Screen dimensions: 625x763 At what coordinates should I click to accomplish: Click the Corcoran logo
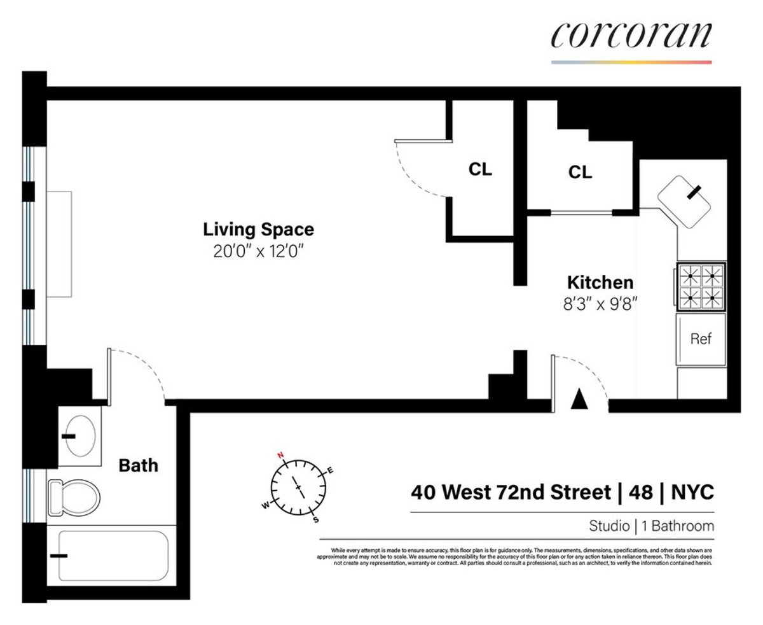coord(631,36)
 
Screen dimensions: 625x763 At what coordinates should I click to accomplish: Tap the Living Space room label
coord(258,229)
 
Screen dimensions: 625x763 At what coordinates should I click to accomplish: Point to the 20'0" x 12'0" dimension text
coord(258,251)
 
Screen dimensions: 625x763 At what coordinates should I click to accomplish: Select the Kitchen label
coord(600,282)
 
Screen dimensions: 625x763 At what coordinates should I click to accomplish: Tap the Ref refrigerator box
coord(701,339)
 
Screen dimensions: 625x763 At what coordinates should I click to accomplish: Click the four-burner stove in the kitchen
coord(701,286)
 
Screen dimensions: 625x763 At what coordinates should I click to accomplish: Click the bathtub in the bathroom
coord(113,556)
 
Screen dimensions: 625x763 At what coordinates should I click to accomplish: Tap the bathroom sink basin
coord(81,436)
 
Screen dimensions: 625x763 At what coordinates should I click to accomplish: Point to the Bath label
coord(139,465)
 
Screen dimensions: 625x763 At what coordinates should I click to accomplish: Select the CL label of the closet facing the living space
coord(480,170)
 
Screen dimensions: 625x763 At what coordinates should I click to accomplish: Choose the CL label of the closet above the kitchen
coord(580,172)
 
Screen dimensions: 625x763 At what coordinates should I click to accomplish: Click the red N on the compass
coord(279,455)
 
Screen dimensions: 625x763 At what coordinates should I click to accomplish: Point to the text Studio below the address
coord(608,526)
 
